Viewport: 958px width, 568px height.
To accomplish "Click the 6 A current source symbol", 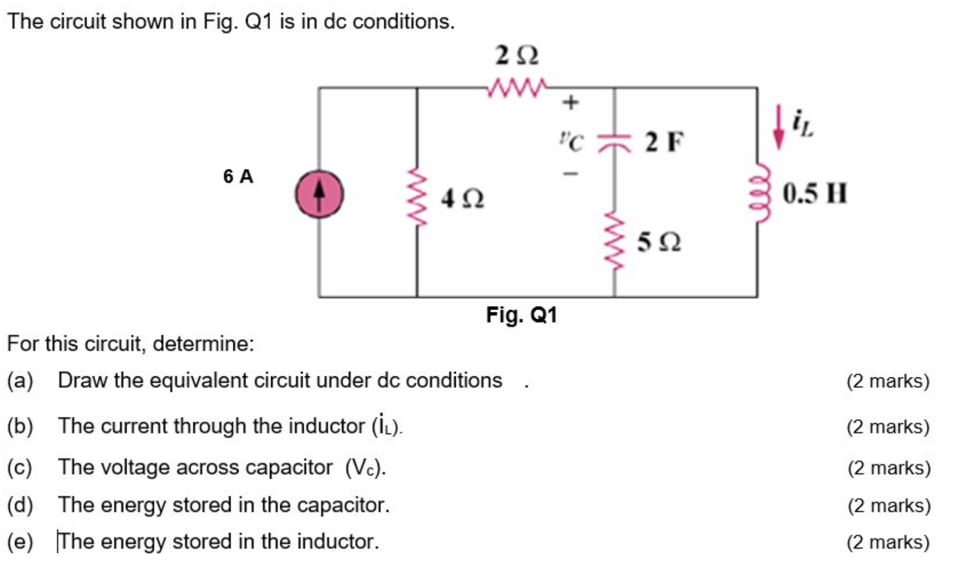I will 319,195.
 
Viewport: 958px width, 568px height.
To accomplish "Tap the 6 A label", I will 238,176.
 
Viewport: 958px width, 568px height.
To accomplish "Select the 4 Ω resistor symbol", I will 416,197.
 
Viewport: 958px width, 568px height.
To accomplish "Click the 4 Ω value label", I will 462,199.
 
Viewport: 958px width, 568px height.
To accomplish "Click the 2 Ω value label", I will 516,56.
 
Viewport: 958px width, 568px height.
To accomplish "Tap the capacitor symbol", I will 614,142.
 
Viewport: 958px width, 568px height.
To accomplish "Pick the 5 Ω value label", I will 659,242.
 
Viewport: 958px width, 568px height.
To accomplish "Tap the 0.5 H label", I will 814,193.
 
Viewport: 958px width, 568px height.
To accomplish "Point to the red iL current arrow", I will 779,127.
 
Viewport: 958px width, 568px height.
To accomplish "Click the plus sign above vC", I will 570,102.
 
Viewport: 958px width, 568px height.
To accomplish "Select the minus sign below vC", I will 570,173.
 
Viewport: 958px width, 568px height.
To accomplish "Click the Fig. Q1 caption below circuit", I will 521,315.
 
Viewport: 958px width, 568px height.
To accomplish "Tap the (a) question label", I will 20,380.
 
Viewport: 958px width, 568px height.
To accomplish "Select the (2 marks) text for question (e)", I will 888,542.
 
